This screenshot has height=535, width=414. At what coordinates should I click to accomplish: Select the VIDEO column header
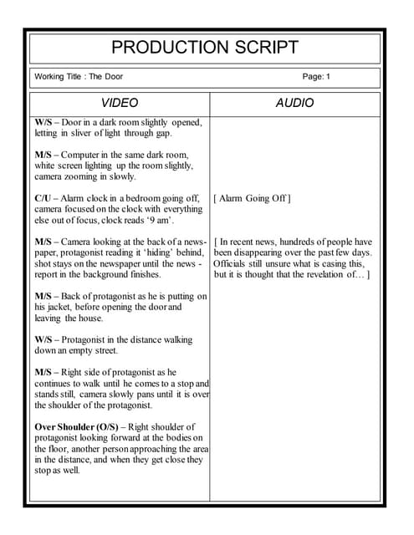(120, 104)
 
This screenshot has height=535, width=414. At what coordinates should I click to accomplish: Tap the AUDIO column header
(294, 104)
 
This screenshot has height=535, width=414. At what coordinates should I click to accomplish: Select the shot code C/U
(45, 199)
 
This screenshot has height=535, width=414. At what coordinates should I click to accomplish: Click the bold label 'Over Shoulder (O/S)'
(77, 427)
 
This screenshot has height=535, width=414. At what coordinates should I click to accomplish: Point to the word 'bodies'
(173, 438)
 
